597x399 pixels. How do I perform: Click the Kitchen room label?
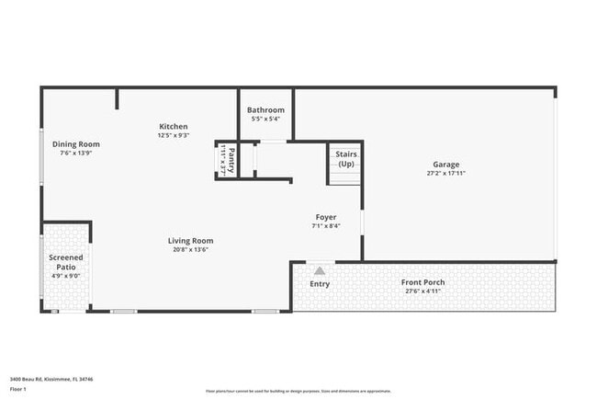(x=173, y=127)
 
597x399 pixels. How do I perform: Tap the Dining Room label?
(x=75, y=144)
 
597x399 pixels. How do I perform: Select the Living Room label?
(x=190, y=241)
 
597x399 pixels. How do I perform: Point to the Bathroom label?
(x=265, y=110)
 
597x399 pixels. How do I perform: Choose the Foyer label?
(x=326, y=218)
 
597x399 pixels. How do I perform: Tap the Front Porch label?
(x=422, y=282)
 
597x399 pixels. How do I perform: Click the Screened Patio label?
(x=65, y=263)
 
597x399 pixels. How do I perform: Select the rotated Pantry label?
(x=231, y=158)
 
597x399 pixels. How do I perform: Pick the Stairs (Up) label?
(x=346, y=159)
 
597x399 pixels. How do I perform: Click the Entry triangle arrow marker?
(x=320, y=271)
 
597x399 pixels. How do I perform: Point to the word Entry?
(x=320, y=284)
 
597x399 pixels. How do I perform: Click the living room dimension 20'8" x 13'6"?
(x=190, y=250)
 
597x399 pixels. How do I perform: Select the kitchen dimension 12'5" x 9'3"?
(x=173, y=136)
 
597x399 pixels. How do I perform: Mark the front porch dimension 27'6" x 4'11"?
(x=422, y=291)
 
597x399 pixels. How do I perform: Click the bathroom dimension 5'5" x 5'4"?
(x=265, y=119)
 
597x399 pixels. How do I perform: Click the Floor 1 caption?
(x=17, y=389)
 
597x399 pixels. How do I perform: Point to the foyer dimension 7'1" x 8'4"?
(x=326, y=226)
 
